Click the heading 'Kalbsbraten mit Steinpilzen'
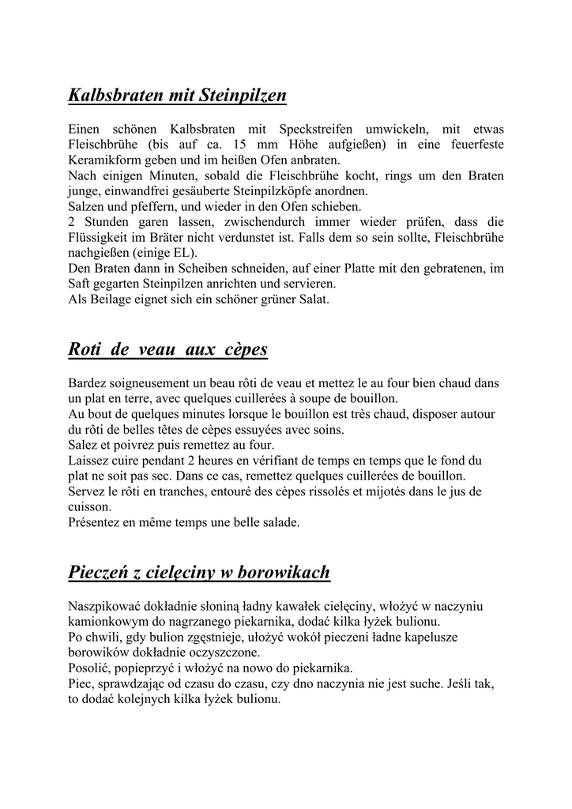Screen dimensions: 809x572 click(x=177, y=96)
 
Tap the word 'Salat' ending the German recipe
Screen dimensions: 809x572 click(x=311, y=299)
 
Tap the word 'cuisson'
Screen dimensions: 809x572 click(x=88, y=506)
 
